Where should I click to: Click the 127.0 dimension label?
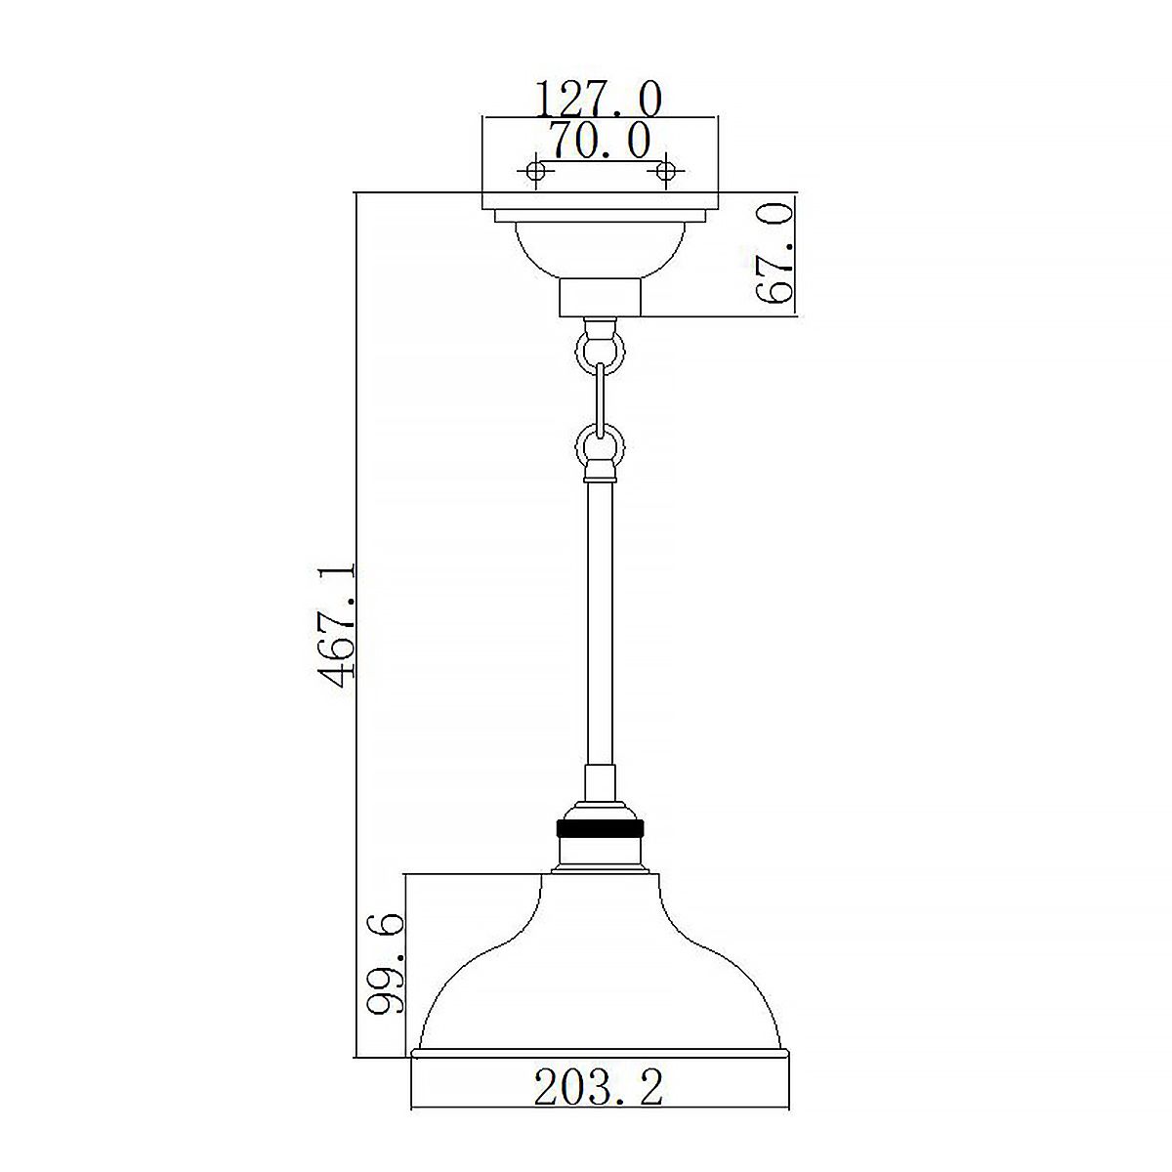[x=599, y=99]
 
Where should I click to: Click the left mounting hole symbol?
[x=534, y=172]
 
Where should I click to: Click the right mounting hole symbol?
[x=666, y=172]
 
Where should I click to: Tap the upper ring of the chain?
[x=599, y=349]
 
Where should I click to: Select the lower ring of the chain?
[x=599, y=446]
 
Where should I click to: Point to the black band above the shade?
[x=599, y=828]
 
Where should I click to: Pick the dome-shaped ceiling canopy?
[x=599, y=250]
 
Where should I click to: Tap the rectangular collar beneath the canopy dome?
[x=599, y=297]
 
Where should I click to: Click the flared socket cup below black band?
[x=599, y=855]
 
